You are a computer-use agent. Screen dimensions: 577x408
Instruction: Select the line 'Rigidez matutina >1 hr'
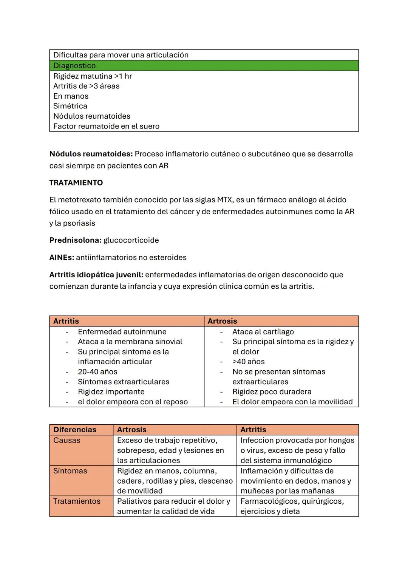[x=93, y=76]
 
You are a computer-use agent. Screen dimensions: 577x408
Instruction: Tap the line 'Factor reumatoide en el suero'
[x=106, y=126]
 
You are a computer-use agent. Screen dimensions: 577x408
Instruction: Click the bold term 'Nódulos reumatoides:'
[x=91, y=154]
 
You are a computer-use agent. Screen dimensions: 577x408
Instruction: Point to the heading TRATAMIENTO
[x=76, y=183]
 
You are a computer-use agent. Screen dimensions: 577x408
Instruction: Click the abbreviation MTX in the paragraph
[x=224, y=200]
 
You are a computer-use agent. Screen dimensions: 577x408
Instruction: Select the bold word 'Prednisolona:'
[x=75, y=240]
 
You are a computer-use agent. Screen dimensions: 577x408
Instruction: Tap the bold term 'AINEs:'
[x=62, y=257]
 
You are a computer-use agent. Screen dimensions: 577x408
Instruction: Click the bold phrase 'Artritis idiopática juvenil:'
[x=96, y=275]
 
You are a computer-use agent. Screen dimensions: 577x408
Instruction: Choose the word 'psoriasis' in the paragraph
[x=79, y=223]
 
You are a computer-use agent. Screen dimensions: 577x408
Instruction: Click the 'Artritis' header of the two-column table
[x=66, y=321]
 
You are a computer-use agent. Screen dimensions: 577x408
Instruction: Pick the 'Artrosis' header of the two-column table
[x=222, y=321]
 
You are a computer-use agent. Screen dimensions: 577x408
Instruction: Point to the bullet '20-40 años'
[x=97, y=371]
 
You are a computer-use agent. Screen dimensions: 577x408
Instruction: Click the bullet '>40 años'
[x=248, y=362]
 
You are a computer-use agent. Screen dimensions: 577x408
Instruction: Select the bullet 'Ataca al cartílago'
[x=263, y=331]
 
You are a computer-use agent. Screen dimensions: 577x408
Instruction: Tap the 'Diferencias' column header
[x=75, y=430]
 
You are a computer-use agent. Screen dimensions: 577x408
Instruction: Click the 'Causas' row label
[x=66, y=440]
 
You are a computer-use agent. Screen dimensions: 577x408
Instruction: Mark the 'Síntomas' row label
[x=70, y=471]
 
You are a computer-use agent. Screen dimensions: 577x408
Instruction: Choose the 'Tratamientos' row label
[x=77, y=501]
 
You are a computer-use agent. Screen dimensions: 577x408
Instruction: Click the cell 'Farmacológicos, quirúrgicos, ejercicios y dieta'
[x=292, y=506]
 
